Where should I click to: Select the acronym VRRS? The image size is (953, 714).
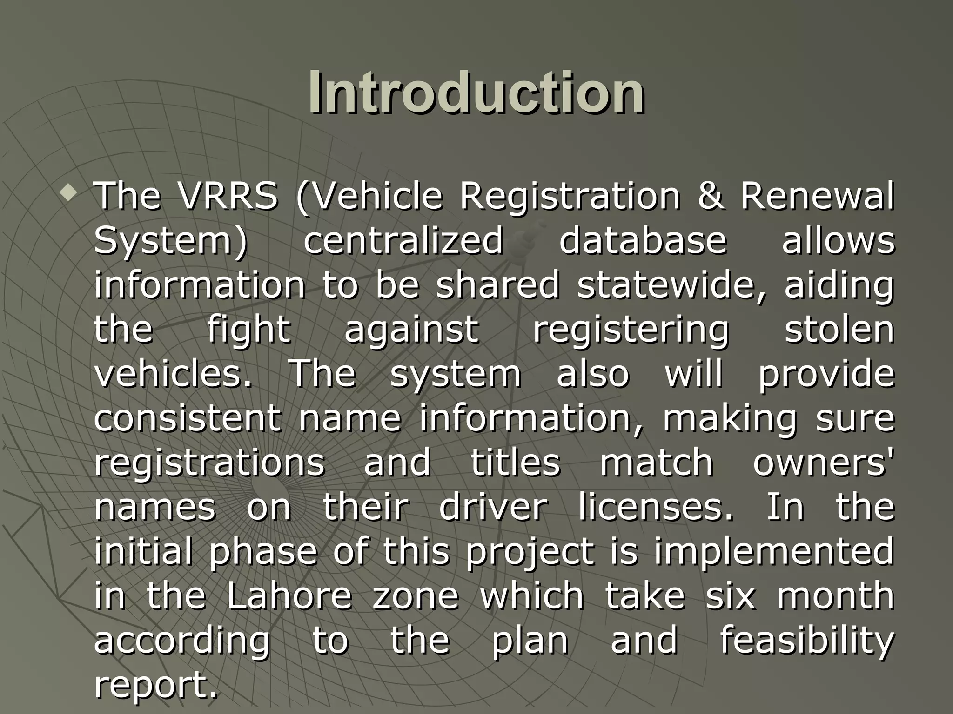click(x=228, y=196)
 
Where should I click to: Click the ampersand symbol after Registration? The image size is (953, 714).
click(x=711, y=196)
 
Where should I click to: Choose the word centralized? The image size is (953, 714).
click(x=403, y=241)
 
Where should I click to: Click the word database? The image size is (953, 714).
click(x=643, y=241)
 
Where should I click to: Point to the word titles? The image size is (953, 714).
click(x=516, y=463)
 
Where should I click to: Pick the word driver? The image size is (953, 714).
click(x=493, y=507)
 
